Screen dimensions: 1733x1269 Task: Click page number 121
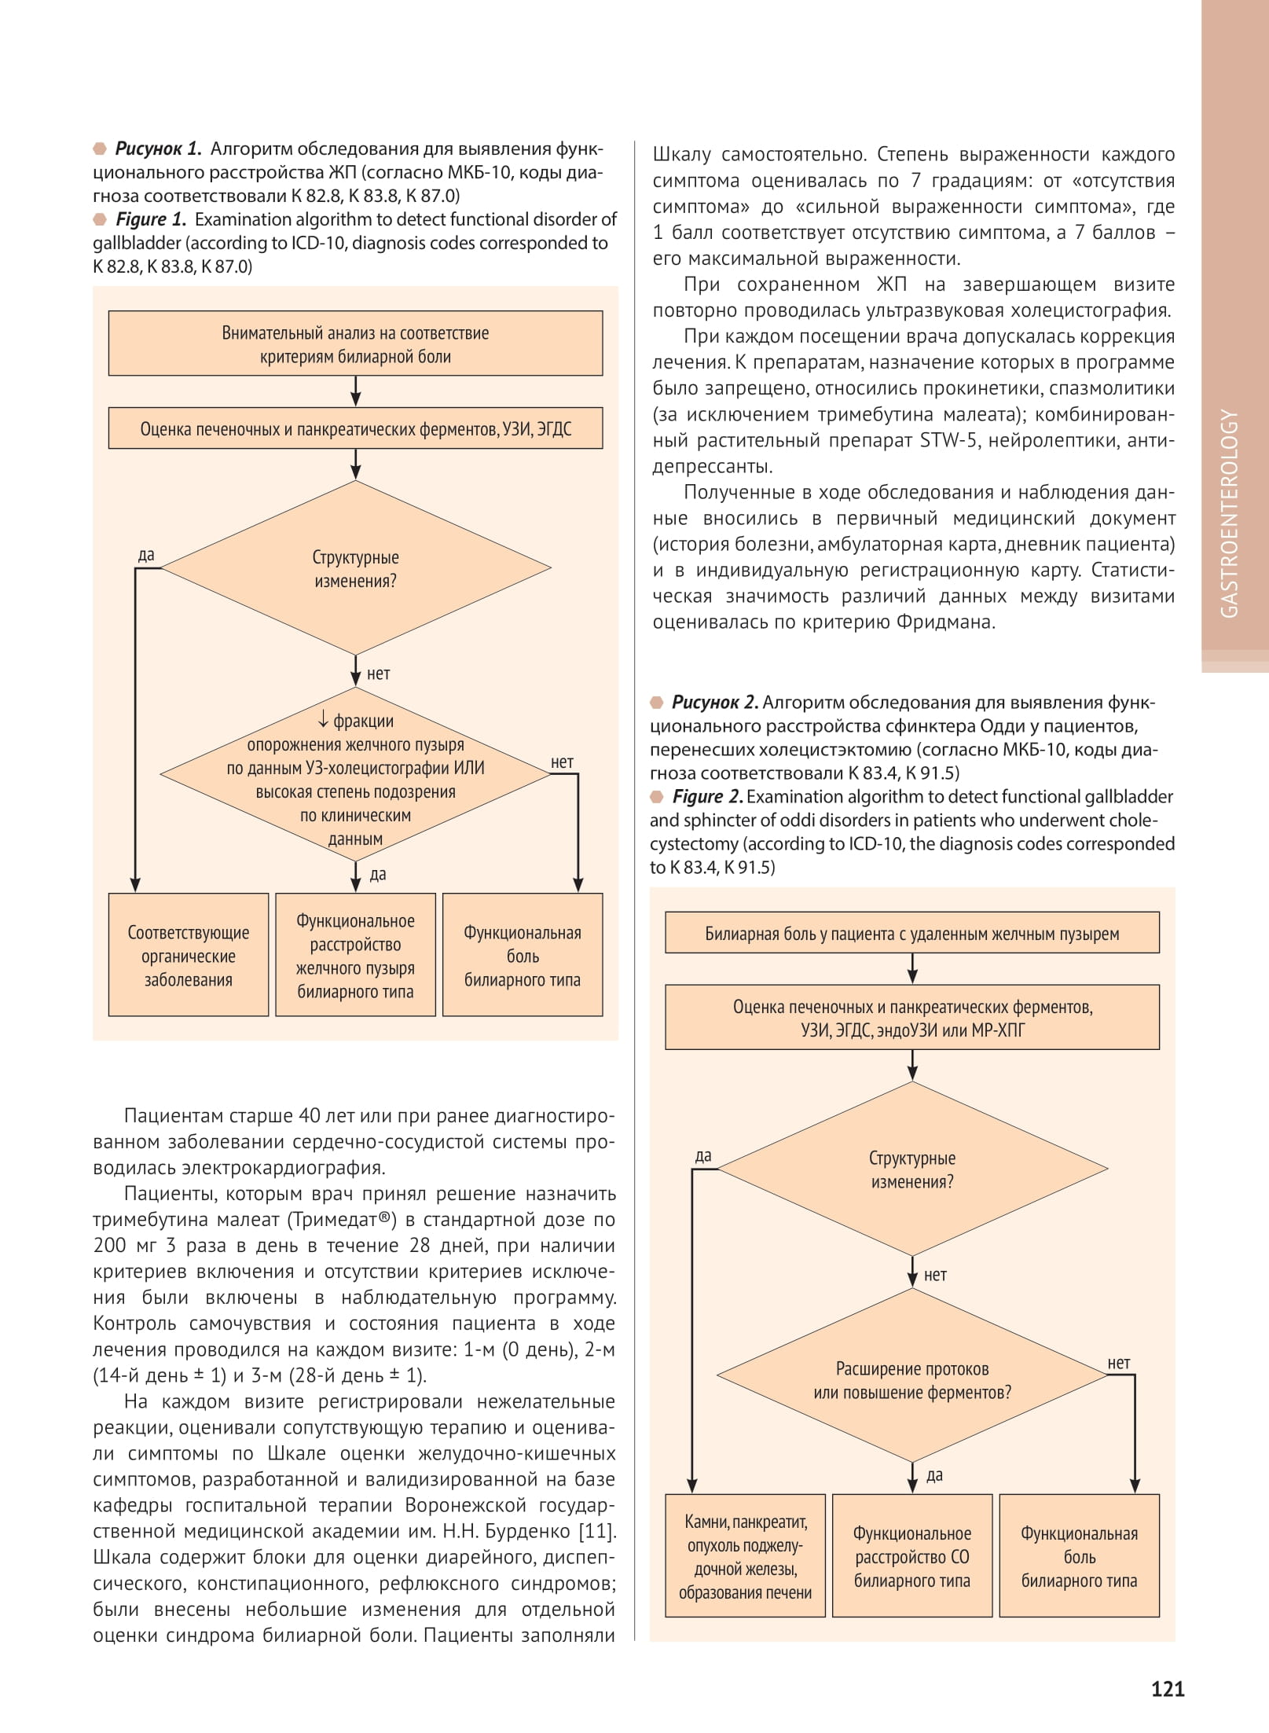coord(1167,1689)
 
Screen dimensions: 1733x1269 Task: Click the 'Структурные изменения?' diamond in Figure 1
coord(355,568)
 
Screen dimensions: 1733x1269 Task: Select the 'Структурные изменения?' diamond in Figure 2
coord(911,1169)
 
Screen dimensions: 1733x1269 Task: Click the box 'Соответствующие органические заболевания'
coord(189,956)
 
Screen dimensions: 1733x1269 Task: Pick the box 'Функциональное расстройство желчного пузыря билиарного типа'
coord(355,956)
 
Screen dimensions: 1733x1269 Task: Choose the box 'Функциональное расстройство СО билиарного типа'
coord(911,1557)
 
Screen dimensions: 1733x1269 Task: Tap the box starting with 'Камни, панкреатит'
coord(745,1557)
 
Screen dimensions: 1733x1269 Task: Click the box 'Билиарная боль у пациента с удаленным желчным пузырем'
coord(911,934)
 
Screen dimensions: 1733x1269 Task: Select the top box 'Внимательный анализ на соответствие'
coord(355,344)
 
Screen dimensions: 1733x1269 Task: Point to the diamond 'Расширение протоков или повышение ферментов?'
coord(911,1380)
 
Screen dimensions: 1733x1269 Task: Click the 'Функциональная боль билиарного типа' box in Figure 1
coord(523,956)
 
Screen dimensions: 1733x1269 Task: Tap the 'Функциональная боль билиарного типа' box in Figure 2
coord(1079,1557)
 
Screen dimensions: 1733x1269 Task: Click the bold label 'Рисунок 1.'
coord(158,149)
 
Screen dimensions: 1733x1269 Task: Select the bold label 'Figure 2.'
coord(706,796)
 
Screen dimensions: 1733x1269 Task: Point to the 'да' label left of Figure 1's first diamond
coord(146,555)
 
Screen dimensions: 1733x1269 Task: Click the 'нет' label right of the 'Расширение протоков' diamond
coord(1118,1364)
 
